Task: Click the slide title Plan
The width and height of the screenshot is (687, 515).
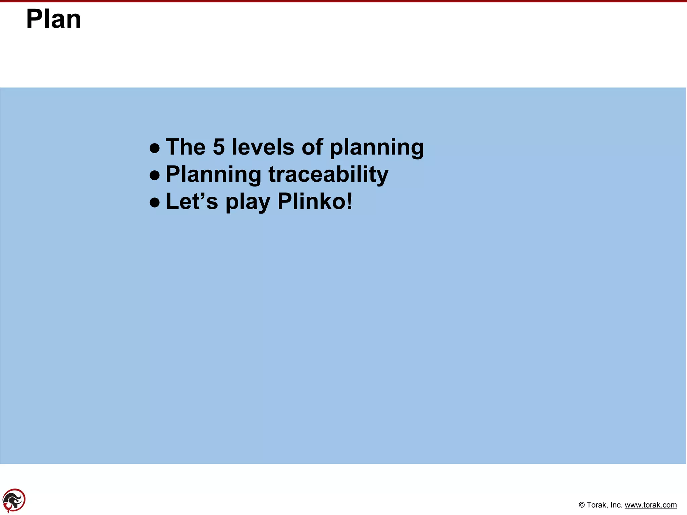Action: [x=54, y=19]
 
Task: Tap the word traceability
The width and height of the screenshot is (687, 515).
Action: [x=328, y=174]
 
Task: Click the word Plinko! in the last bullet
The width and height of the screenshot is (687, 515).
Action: [x=315, y=202]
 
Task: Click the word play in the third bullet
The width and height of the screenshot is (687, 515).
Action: [x=248, y=202]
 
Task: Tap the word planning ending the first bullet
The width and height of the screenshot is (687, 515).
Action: [x=377, y=148]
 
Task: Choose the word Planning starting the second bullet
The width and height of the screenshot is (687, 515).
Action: [x=213, y=175]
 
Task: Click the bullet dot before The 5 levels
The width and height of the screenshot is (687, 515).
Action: [x=155, y=148]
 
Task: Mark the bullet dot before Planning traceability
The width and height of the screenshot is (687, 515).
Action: [x=155, y=175]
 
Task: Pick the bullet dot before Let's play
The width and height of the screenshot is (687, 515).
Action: [x=155, y=202]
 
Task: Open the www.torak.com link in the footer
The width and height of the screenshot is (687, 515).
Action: [x=650, y=505]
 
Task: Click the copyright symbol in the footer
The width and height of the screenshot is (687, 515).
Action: [x=582, y=505]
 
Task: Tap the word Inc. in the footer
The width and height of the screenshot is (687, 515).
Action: [x=616, y=505]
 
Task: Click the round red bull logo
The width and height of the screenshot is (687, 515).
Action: [x=14, y=501]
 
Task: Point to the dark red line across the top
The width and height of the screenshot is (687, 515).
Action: [x=343, y=1]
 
